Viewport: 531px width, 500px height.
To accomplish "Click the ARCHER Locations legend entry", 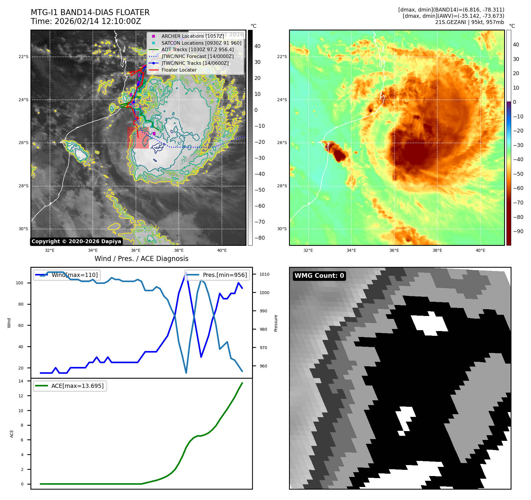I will pos(192,36).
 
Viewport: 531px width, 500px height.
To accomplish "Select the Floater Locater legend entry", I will pos(179,70).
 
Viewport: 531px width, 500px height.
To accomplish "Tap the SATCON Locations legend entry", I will pos(201,43).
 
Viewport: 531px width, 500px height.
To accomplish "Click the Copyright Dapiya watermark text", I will pos(76,241).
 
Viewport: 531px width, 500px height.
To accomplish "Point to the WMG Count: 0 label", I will pos(319,276).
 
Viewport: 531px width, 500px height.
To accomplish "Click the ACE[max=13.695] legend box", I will pos(70,386).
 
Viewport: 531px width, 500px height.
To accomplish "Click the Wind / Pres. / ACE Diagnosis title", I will pos(141,259).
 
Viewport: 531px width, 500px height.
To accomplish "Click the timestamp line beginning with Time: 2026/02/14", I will pos(86,21).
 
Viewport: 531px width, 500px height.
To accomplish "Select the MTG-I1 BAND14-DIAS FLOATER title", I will pos(90,12).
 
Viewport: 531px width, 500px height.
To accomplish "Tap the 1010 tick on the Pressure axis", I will pos(264,274).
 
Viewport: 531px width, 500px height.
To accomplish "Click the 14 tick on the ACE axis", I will pos(21,381).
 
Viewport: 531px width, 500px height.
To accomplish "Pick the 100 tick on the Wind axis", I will pos(20,283).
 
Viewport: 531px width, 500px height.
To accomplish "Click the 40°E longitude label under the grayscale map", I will pos(222,250).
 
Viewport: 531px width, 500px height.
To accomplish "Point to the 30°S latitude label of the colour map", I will pos(282,229).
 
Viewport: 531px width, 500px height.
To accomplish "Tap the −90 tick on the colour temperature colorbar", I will pos(518,231).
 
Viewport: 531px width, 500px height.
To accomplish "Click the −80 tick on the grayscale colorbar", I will pos(260,238).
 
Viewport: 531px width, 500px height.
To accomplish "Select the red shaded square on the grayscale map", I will pos(138,138).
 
